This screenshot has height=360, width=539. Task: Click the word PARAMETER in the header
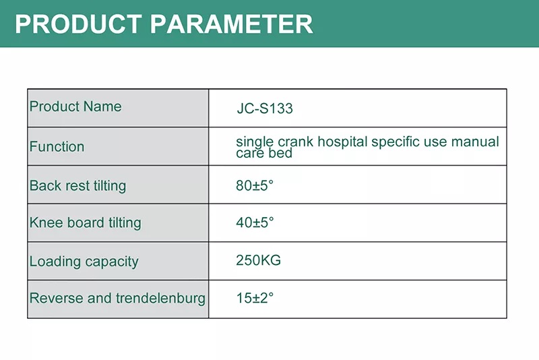point(232,24)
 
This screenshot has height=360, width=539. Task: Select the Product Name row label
point(75,107)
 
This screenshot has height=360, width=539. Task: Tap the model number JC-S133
point(265,109)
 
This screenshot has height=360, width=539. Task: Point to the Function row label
point(57,147)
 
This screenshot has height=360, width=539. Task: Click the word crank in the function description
point(296,142)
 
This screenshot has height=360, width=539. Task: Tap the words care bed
point(264,153)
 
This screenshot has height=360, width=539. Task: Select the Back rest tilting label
point(77,186)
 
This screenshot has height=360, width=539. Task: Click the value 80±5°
point(255,185)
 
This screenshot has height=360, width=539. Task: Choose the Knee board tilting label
point(86,223)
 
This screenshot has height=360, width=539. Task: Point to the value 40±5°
point(255,222)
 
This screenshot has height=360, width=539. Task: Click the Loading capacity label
point(84,262)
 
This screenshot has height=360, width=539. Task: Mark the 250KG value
point(259,260)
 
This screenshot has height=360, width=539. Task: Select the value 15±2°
point(255,298)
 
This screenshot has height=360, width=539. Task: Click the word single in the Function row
point(255,142)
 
